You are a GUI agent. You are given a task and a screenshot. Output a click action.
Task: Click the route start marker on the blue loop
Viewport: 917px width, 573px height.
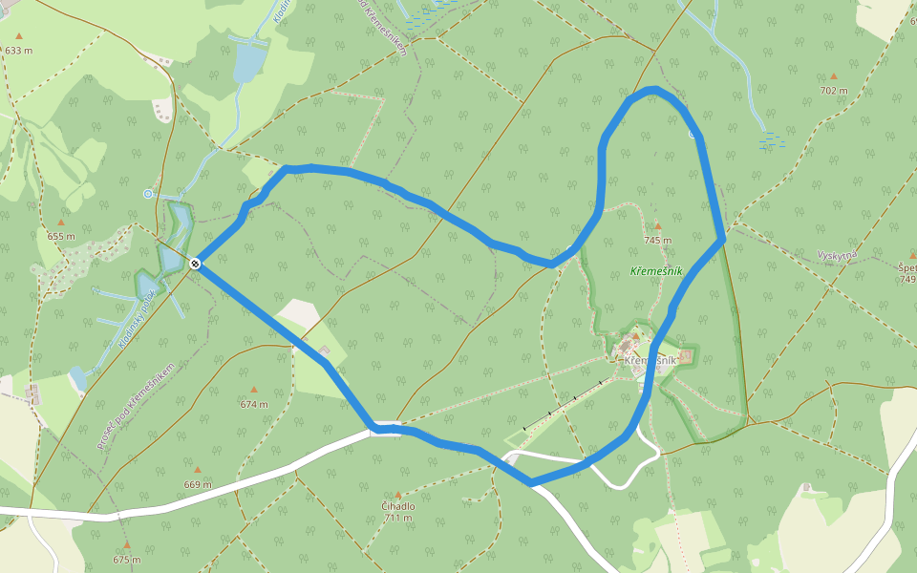[x=195, y=263]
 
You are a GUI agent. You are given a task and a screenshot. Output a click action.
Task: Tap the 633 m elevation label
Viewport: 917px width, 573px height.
[x=19, y=50]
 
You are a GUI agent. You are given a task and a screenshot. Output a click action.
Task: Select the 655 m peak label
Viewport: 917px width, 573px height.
[x=61, y=236]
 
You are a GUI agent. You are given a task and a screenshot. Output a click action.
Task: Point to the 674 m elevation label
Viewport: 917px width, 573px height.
[x=254, y=404]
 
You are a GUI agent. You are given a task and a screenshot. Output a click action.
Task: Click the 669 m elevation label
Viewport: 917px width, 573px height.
[x=198, y=484]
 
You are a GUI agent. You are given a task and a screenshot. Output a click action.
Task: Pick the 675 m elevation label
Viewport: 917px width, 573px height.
[x=126, y=560]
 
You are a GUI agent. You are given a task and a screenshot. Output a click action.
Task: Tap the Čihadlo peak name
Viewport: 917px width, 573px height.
[x=397, y=507]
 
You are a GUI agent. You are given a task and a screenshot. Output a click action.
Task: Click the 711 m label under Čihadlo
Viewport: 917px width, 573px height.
[x=397, y=519]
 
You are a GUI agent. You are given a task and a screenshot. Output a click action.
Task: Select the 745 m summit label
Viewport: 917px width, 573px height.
[x=658, y=241]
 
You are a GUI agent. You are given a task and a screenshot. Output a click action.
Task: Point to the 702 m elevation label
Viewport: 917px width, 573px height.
[x=834, y=91]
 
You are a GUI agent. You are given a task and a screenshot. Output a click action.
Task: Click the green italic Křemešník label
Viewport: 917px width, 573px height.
[x=656, y=272]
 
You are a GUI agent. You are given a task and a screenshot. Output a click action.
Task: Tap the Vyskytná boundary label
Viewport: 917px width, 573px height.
[x=838, y=256]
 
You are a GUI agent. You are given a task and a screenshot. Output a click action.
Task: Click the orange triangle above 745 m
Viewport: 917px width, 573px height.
[x=658, y=227]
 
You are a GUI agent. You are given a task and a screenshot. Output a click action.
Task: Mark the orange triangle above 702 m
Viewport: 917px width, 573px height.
[x=834, y=76]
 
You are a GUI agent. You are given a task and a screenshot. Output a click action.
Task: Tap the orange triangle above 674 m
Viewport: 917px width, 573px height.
[x=254, y=390]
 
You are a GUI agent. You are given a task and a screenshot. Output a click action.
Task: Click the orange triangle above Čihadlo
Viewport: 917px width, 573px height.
[x=397, y=495]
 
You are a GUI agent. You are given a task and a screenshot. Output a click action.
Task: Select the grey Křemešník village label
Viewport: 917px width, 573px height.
[x=650, y=360]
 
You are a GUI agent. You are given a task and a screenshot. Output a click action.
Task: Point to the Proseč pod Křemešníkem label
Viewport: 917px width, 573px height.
[x=136, y=407]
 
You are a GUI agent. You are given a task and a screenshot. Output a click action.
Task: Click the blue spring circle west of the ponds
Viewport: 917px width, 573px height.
[x=148, y=194]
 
